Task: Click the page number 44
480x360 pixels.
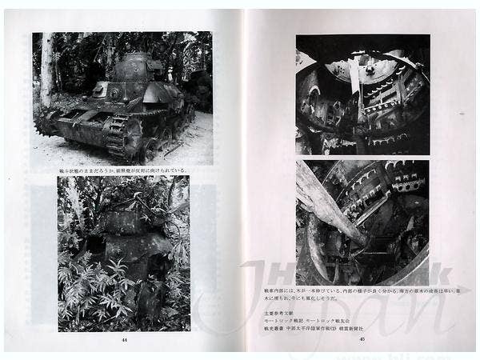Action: [123, 339]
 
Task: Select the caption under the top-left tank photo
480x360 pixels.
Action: [123, 170]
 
